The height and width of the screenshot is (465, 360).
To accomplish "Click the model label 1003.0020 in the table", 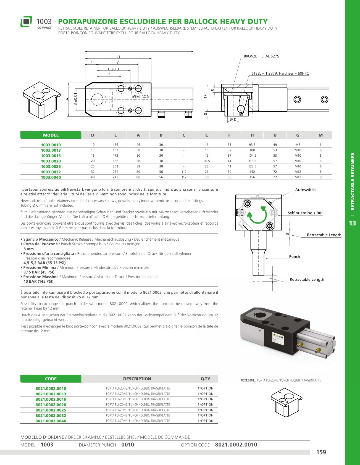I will (51, 161).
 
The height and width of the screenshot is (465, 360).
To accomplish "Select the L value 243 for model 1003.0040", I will (115, 177).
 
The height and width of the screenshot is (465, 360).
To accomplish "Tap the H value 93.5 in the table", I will (252, 145).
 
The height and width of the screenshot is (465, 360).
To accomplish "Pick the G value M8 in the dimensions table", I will (298, 145).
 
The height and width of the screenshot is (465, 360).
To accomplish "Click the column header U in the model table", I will (275, 135).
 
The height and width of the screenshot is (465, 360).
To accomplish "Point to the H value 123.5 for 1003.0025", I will (252, 167).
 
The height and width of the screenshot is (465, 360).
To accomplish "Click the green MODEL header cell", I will (51, 135).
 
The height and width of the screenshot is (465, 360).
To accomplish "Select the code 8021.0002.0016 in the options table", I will (51, 399).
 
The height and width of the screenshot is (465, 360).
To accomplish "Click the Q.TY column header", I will (205, 379).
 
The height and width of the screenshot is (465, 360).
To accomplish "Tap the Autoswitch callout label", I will (305, 190).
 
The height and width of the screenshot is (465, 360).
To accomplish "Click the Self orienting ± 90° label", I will (305, 213).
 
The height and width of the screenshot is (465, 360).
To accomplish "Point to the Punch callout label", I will (295, 257).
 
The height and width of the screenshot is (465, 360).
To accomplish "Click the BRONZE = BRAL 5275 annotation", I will (261, 56).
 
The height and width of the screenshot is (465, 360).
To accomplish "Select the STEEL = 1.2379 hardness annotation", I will (280, 73).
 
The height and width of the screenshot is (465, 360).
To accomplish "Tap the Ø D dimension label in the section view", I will (233, 120).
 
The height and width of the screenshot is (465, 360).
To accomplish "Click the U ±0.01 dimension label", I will (114, 69).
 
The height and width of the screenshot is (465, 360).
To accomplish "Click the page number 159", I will (321, 452).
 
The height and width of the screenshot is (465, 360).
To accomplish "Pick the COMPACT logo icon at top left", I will (26, 21).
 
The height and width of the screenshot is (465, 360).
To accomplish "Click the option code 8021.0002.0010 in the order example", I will (236, 445).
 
